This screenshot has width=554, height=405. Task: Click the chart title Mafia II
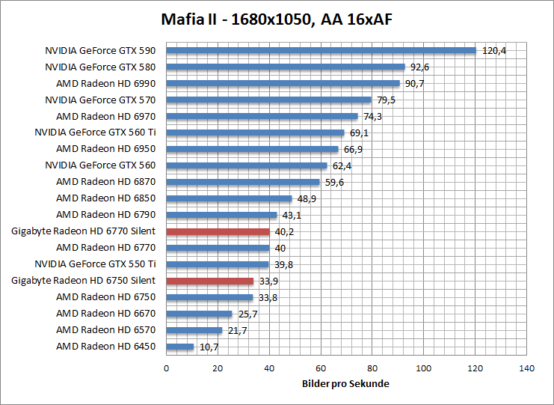click(x=277, y=19)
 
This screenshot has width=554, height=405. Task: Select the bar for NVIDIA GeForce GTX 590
click(x=321, y=51)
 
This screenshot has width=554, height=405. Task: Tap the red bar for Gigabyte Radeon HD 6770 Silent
click(x=218, y=231)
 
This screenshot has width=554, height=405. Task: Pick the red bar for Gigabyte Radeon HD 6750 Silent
click(x=209, y=281)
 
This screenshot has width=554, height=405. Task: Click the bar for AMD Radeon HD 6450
click(x=179, y=347)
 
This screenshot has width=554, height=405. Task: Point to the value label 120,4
click(x=494, y=51)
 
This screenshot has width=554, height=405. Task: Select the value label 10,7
click(x=209, y=347)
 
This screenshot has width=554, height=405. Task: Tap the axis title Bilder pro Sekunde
click(x=346, y=383)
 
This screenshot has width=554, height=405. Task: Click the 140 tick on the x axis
click(x=527, y=368)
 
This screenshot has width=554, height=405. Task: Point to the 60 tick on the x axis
click(x=321, y=368)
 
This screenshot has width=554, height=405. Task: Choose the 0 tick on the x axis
click(x=166, y=368)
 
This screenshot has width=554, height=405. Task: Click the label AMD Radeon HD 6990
click(x=105, y=84)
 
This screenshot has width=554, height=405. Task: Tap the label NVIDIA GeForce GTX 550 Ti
click(x=95, y=264)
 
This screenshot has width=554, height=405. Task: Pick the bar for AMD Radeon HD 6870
click(x=242, y=182)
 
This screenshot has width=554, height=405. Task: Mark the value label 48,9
click(x=307, y=198)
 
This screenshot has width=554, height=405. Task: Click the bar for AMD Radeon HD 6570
click(x=194, y=330)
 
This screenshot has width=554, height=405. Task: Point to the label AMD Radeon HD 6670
click(x=105, y=314)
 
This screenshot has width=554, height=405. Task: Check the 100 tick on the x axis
click(x=424, y=368)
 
